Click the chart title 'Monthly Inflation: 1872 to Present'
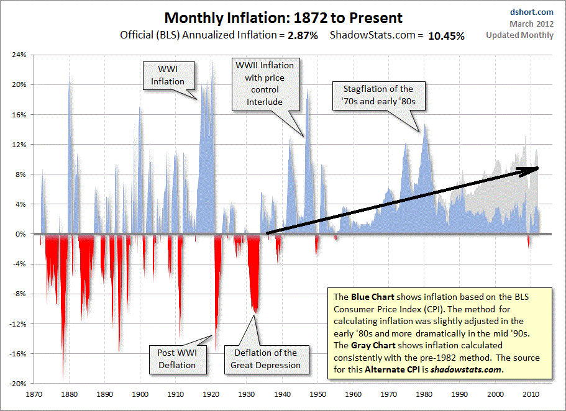(x=283, y=18)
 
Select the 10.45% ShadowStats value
(x=446, y=36)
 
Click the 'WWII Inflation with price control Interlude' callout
(x=263, y=84)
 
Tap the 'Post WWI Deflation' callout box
(x=176, y=359)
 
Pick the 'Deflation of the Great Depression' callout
(x=265, y=359)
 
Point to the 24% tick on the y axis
(x=19, y=55)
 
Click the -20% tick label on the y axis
(x=17, y=384)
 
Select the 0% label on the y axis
(x=21, y=234)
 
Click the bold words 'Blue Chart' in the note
(x=370, y=297)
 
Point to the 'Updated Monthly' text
(x=520, y=35)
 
